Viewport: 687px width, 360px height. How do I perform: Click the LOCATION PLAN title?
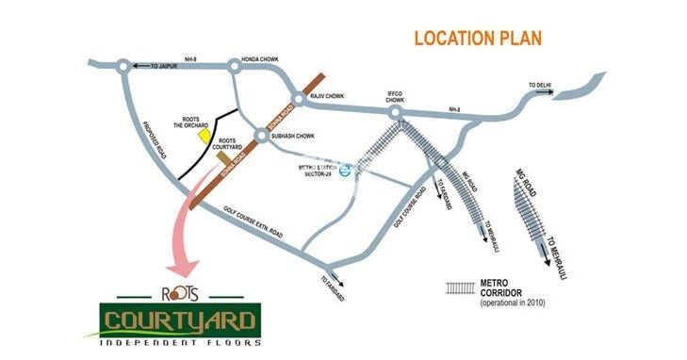479,39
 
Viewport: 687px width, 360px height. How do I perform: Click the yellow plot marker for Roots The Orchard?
202,135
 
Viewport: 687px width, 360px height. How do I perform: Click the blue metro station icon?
346,171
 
